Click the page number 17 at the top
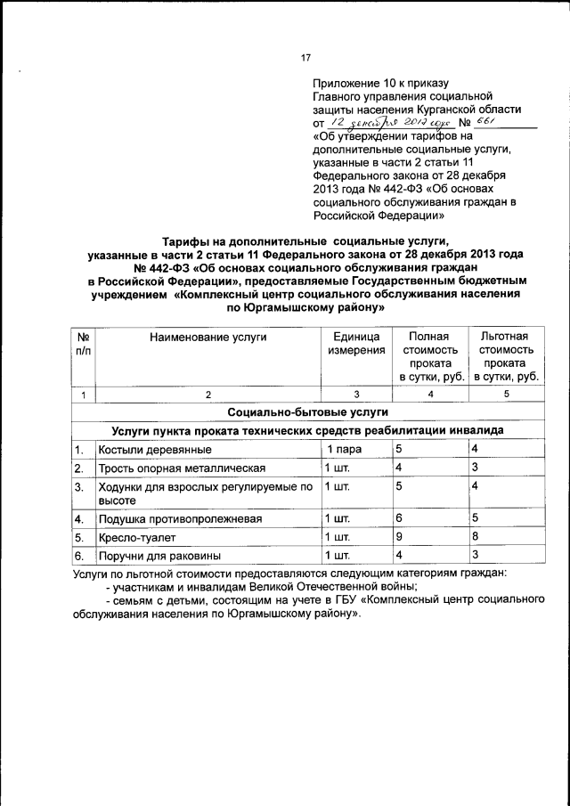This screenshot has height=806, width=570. (x=305, y=58)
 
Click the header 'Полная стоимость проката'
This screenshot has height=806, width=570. (x=428, y=356)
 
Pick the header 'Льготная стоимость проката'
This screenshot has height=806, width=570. (x=503, y=356)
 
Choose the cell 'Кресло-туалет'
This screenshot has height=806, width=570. (x=132, y=538)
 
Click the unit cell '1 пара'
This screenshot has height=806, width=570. (x=343, y=449)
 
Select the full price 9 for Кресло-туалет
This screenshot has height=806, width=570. (x=399, y=537)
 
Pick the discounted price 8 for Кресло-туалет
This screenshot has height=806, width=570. (x=476, y=537)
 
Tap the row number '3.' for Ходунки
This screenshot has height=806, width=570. (x=79, y=487)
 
